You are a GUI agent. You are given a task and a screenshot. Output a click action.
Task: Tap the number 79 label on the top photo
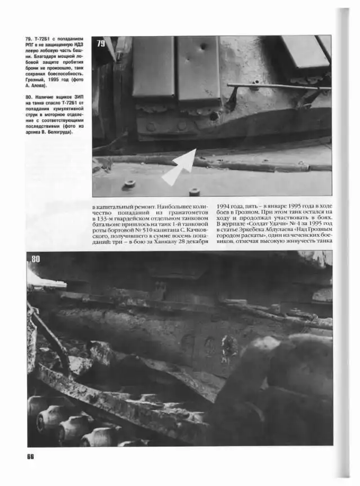[101, 44]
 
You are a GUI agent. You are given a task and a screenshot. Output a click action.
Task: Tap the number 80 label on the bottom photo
[35, 259]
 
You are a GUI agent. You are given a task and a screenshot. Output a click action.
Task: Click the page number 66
[30, 456]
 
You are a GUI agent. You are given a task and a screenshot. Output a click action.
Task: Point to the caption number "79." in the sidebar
[29, 40]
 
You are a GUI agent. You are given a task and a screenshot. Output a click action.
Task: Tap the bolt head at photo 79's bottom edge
[194, 192]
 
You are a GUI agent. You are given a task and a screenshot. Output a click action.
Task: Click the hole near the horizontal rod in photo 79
[214, 115]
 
